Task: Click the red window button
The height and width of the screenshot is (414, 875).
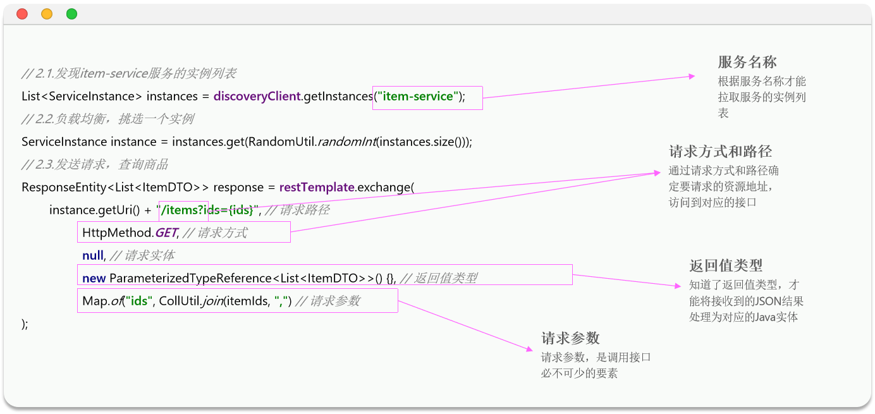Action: click(22, 14)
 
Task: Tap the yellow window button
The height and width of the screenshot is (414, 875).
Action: click(47, 14)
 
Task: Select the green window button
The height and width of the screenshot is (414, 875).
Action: click(71, 14)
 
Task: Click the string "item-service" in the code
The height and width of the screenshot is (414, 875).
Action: click(418, 97)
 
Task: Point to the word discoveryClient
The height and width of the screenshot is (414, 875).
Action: click(257, 97)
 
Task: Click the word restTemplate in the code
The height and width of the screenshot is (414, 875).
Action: click(317, 187)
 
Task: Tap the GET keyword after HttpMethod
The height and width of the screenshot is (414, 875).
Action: click(166, 233)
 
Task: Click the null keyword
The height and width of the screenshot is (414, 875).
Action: click(92, 255)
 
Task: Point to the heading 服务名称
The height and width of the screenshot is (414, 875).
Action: click(747, 62)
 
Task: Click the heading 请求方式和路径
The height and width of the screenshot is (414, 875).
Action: click(720, 152)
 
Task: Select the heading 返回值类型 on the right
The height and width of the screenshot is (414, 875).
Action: click(721, 265)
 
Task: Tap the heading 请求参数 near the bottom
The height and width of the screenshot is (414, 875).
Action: click(570, 338)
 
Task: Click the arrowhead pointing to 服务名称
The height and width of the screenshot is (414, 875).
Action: click(692, 76)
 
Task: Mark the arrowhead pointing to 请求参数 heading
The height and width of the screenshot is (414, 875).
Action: click(530, 348)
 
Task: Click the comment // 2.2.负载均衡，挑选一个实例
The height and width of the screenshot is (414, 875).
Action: click(107, 119)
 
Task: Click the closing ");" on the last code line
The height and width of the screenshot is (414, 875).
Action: click(25, 324)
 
